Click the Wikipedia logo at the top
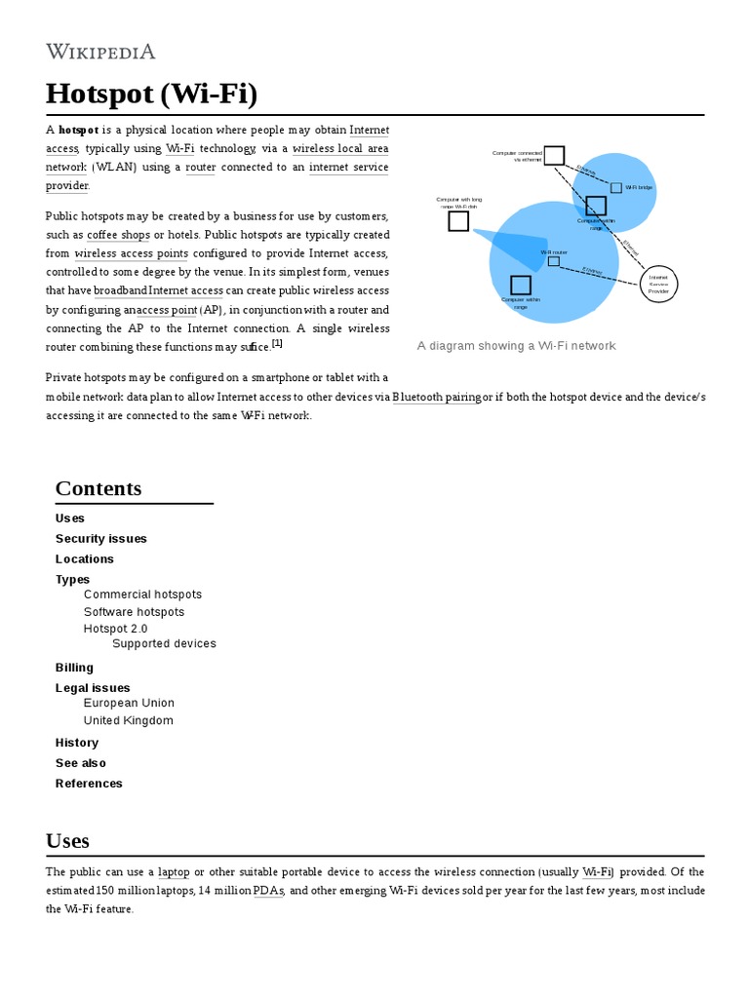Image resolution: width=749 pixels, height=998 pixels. (100, 52)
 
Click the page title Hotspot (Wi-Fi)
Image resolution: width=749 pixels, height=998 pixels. (151, 95)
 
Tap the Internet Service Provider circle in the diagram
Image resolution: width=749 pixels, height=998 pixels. (658, 283)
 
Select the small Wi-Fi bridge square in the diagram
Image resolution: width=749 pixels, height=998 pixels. (615, 187)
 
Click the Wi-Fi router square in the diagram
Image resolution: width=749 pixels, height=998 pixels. (553, 261)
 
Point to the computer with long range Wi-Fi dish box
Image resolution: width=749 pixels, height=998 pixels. (458, 221)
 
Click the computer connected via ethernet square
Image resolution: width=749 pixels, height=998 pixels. (554, 155)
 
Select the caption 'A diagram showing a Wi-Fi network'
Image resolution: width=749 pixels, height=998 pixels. (516, 346)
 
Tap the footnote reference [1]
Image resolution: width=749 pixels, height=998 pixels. (277, 343)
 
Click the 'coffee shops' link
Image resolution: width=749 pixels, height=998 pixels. (118, 235)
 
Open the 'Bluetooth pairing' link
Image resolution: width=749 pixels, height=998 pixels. (436, 398)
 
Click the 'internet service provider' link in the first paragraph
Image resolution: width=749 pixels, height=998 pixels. (348, 168)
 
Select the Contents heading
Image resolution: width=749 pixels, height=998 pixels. (99, 488)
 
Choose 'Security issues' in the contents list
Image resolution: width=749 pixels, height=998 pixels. (101, 538)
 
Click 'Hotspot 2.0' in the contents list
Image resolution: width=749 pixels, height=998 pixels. (116, 629)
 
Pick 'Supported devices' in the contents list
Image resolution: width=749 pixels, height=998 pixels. (164, 643)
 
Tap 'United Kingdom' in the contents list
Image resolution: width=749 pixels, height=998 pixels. (129, 720)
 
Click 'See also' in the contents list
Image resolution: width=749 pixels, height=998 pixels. (81, 762)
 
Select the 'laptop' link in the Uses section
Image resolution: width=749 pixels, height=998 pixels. (174, 871)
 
